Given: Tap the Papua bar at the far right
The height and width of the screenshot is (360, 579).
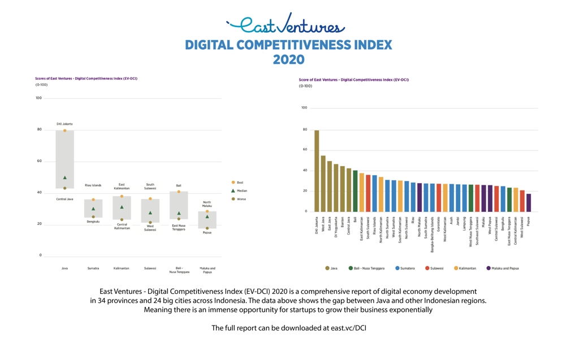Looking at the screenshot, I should [x=529, y=203].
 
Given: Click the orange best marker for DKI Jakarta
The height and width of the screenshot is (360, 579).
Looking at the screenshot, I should [x=65, y=131].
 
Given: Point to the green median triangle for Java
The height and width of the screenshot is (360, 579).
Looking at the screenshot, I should [x=65, y=178].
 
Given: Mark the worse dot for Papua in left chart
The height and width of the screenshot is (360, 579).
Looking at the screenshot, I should [x=207, y=228].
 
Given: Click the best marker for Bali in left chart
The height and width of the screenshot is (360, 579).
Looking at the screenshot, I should [x=179, y=192].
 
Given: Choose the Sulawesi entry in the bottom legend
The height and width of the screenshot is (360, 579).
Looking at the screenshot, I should [x=435, y=268].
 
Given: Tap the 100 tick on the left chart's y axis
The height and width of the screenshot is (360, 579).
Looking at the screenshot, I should [x=38, y=98].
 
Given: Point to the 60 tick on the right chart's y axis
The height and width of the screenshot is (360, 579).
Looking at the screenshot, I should [x=304, y=150].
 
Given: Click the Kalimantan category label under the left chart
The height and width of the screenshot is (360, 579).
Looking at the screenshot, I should [x=122, y=268].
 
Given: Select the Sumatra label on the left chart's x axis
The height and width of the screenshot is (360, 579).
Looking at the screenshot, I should [x=93, y=268].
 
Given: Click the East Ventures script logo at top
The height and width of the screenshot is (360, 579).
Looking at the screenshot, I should [x=286, y=25].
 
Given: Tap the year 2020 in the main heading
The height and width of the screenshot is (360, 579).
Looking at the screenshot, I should [x=288, y=60].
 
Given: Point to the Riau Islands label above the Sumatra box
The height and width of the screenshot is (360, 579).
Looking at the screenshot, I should [x=93, y=185].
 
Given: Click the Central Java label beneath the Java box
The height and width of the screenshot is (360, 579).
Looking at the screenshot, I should [x=65, y=199].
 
